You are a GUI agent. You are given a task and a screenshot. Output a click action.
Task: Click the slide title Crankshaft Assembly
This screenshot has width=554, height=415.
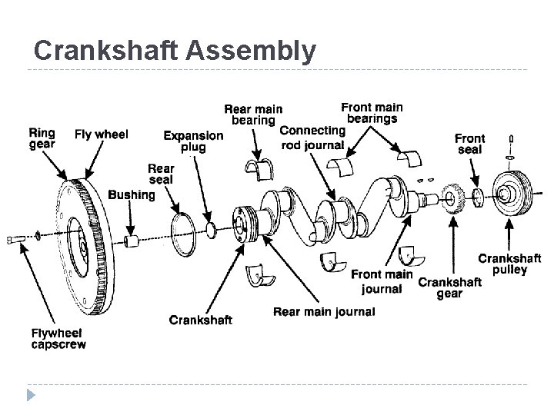coord(175,51)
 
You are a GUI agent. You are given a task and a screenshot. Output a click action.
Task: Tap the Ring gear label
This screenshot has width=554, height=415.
coord(42,138)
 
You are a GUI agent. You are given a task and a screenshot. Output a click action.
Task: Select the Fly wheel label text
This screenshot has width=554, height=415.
coord(101,134)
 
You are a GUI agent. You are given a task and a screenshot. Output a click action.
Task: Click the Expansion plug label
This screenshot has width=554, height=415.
coord(193,141)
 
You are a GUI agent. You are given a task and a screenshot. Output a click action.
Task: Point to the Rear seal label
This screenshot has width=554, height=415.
coord(161,174)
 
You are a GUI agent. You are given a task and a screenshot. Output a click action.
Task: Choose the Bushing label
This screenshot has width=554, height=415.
coord(132,195)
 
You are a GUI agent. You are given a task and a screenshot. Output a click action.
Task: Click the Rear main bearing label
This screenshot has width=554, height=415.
coord(252,115)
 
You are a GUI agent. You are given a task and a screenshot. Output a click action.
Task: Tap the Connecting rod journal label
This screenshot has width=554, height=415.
coord(312,138)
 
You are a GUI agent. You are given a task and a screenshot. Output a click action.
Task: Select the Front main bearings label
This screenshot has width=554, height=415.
coord(372,113)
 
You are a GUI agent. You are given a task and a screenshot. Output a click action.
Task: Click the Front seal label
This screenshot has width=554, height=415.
coord(469,144)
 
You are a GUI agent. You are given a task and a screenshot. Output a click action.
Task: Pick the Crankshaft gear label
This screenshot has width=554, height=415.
coord(449,287)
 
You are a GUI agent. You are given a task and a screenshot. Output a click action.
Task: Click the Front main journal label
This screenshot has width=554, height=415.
coord(382,282)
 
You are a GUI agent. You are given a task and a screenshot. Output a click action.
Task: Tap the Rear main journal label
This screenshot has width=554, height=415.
coord(324,312)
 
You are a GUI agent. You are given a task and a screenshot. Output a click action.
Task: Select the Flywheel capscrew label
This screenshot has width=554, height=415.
coord(58,339)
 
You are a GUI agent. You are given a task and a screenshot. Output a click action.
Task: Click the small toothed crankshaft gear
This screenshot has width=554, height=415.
coord(454,198)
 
